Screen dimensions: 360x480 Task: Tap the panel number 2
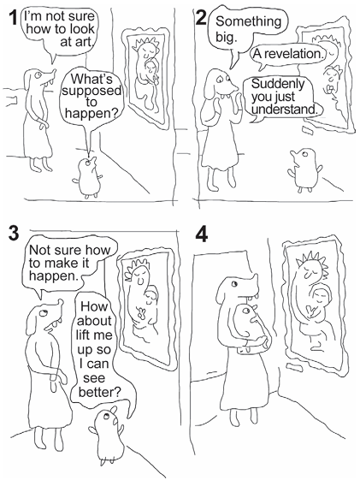[x=201, y=18]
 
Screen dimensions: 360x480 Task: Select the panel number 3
[x=14, y=234]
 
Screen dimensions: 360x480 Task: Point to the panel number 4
[x=201, y=234]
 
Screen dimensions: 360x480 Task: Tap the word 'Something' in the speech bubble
[x=248, y=21]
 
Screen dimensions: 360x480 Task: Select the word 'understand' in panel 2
[x=285, y=109]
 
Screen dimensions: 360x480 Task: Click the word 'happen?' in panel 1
[x=91, y=114]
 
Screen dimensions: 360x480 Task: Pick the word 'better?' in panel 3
[x=100, y=392]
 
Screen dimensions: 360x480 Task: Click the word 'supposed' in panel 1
[x=91, y=91]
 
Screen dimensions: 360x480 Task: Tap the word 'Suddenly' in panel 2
[x=278, y=84]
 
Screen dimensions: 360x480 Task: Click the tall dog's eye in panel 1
[x=38, y=74]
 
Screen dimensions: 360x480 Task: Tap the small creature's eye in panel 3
[x=106, y=416]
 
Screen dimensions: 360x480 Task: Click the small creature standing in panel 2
[x=304, y=170]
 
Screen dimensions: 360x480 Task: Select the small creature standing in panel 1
[x=88, y=177]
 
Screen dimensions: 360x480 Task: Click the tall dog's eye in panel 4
[x=234, y=283]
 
